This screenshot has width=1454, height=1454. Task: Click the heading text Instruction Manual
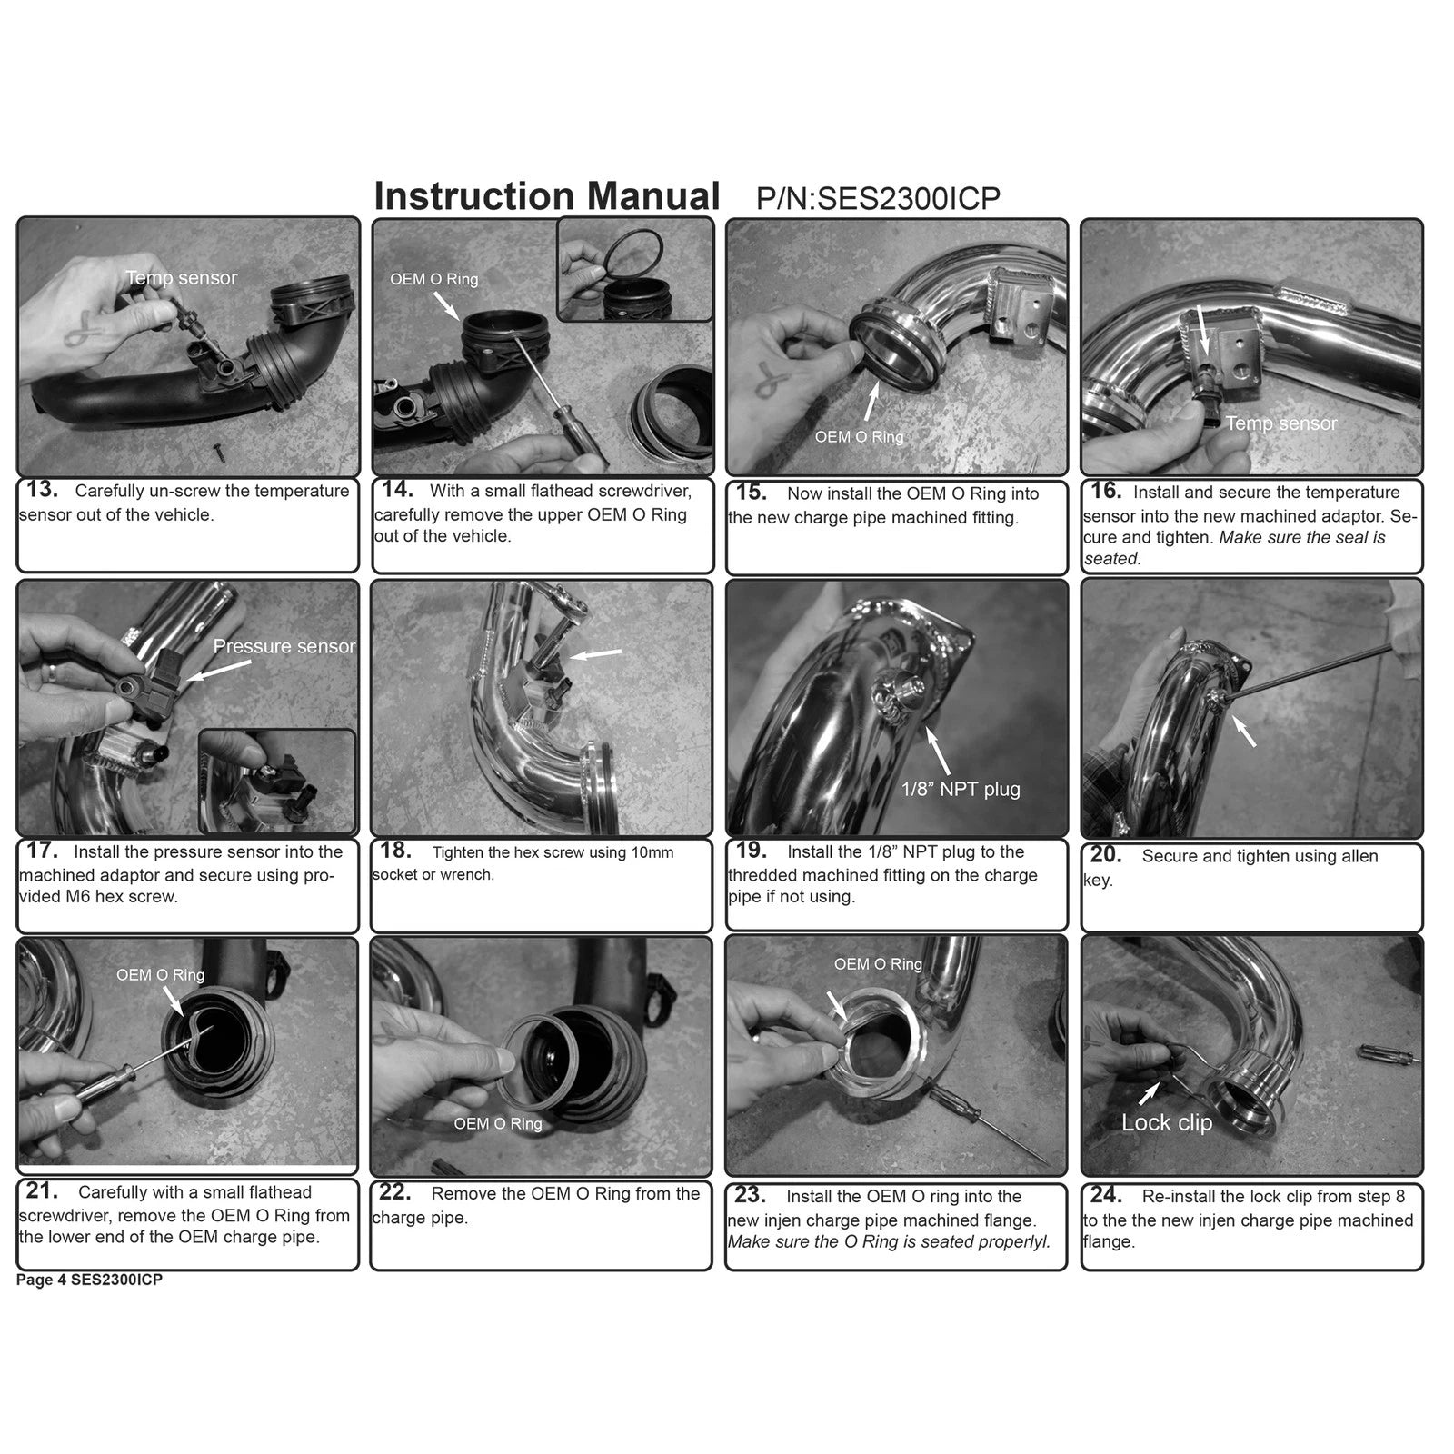coord(547,196)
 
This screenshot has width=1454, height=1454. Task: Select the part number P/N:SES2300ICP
coord(878,198)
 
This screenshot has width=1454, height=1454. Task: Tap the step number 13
coord(42,490)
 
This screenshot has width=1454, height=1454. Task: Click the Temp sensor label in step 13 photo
coord(182,278)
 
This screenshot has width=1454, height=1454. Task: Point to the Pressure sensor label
coord(284,646)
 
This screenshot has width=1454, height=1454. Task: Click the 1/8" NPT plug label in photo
coord(961,789)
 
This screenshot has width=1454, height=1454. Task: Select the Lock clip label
coord(1167,1123)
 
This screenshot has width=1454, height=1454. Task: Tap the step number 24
coord(1106,1195)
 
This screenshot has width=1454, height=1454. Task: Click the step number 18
coord(396,851)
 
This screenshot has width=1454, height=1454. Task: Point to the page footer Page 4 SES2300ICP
coord(89,1280)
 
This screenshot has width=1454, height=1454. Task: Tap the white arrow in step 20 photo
coord(1242,731)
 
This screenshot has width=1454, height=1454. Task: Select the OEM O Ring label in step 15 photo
coord(859,437)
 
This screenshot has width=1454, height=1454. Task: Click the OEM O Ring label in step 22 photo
coord(498,1124)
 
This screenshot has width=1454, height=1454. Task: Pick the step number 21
coord(42,1190)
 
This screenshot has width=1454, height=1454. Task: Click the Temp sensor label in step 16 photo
coord(1281,423)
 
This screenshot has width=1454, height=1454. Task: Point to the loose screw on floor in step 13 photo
coord(219,448)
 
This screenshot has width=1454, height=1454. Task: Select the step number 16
coord(1106,491)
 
